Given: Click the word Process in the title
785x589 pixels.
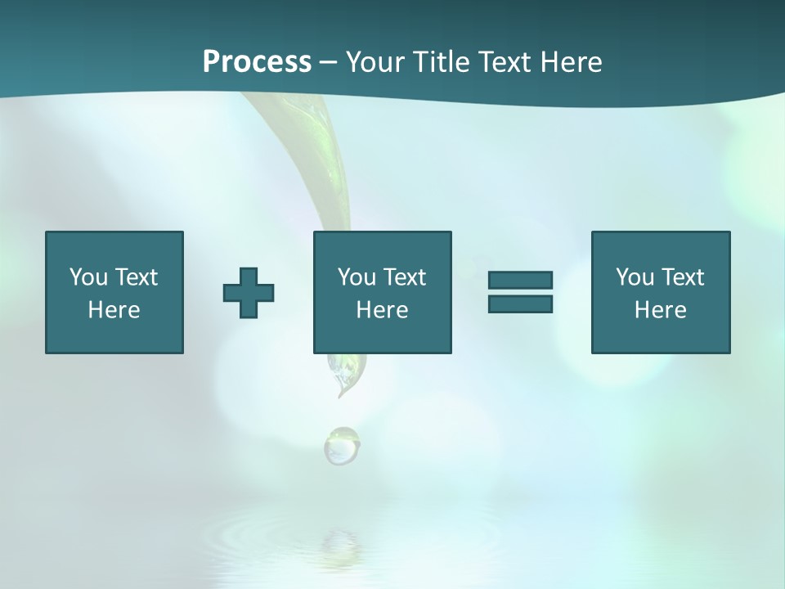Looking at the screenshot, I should point(257,62).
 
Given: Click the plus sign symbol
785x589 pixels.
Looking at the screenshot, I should point(249,292).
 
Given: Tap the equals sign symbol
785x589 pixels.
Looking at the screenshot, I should point(520,292).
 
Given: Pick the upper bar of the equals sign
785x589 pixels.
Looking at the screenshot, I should point(520,280).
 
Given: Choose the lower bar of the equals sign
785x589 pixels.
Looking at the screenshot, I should point(520,304).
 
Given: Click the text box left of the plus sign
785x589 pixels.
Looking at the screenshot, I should point(114,292).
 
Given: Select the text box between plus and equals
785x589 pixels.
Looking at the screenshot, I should point(382,292).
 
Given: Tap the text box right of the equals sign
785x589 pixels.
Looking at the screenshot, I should point(661,292).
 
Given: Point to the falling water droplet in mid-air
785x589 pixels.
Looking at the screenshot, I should point(341,446).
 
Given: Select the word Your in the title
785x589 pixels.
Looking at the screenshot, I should point(376,62).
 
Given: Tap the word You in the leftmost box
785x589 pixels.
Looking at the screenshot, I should point(88,277).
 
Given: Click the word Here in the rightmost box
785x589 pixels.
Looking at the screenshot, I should point(661,310).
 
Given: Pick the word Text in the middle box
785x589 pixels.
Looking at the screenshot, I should point(405,277).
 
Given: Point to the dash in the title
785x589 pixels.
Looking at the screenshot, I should point(328,62).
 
